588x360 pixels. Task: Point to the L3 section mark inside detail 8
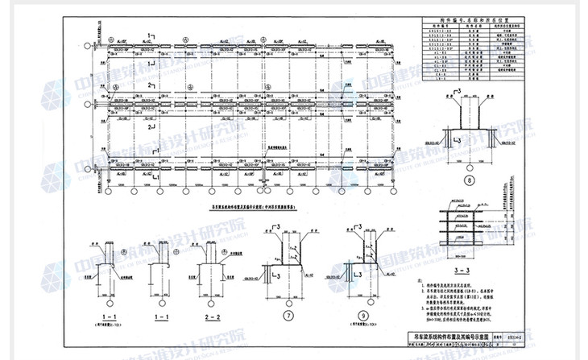(x=456, y=139)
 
